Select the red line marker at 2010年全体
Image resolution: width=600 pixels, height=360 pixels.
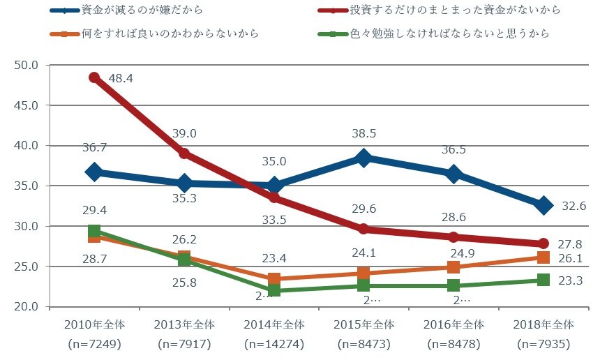94,77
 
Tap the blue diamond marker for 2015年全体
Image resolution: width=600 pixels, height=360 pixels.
363,158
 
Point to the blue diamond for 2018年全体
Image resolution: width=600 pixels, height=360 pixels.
544,205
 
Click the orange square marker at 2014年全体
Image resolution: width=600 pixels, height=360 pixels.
274,279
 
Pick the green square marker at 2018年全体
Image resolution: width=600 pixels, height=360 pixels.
544,280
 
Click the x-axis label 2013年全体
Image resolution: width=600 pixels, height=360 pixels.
184,324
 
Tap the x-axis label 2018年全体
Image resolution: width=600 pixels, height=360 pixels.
543,324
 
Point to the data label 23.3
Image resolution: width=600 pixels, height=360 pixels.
573,280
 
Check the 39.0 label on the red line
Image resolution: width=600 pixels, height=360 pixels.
184,133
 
